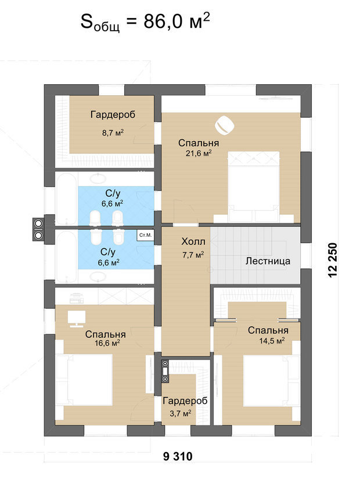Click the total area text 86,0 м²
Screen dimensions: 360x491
(177, 22)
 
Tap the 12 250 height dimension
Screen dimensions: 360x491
(333, 260)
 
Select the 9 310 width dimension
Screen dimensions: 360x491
(178, 456)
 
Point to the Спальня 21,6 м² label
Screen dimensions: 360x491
(199, 147)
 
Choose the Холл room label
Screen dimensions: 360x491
(193, 241)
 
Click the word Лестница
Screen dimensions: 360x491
(268, 261)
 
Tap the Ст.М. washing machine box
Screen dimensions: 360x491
(145, 235)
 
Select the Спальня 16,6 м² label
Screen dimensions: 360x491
(105, 338)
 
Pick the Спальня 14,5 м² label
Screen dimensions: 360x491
(268, 335)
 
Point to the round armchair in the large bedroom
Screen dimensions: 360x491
(224, 125)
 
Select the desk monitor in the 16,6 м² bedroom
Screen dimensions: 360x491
(77, 319)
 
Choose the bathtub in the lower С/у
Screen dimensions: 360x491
(66, 257)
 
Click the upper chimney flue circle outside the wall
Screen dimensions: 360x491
(38, 223)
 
